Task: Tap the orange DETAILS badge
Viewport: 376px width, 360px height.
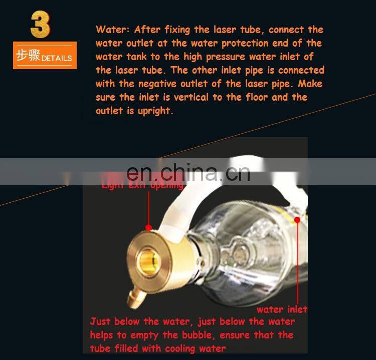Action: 45,55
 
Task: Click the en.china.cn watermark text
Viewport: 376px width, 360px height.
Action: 188,173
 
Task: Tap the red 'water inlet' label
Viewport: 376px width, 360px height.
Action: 282,309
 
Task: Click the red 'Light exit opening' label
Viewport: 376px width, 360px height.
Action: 142,186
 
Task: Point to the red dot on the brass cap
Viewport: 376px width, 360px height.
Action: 148,228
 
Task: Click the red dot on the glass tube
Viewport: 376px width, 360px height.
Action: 297,220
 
